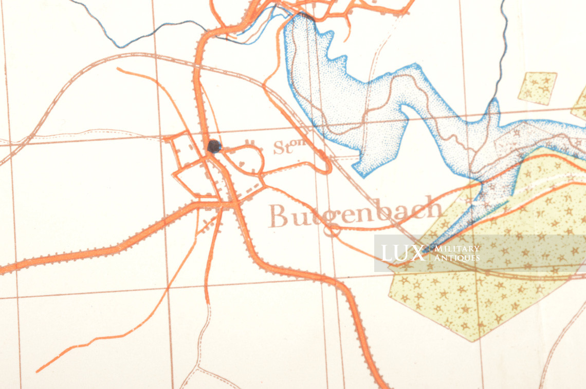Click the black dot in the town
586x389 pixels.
(214, 146)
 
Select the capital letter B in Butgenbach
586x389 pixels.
(280, 216)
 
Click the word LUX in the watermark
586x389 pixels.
(402, 253)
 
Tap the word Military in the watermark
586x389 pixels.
(457, 248)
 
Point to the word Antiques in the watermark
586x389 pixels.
(457, 258)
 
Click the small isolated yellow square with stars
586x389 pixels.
(537, 88)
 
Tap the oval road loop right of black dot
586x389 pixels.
(250, 160)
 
